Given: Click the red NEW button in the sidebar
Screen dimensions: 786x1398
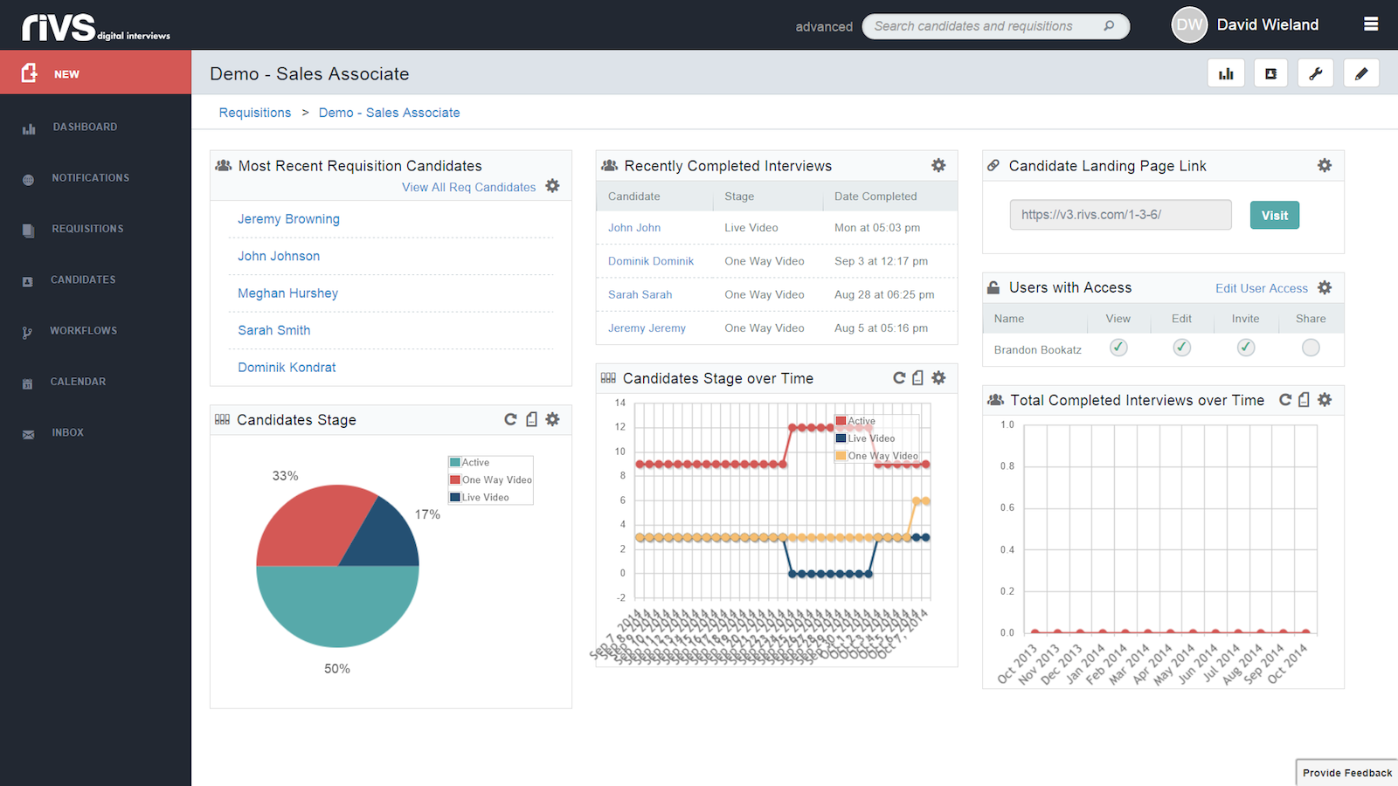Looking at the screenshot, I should [95, 72].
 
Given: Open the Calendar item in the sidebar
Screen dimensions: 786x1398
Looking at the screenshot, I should [78, 382].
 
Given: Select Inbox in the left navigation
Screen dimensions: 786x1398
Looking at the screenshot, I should [67, 432].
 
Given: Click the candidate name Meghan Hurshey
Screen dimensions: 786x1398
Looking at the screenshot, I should [287, 293].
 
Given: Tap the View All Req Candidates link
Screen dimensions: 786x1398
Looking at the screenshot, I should [468, 187].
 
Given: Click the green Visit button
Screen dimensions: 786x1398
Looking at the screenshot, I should [1274, 215].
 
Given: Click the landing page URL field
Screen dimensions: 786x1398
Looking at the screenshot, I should [1120, 215].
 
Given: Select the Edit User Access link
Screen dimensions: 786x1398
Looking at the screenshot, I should [1261, 288].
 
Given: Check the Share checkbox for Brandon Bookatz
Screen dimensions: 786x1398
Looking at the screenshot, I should [1310, 348].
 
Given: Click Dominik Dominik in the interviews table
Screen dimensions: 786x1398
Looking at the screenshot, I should [651, 261].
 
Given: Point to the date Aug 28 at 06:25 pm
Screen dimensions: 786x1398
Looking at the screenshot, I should [884, 294].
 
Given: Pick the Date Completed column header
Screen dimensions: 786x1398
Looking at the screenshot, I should [875, 196].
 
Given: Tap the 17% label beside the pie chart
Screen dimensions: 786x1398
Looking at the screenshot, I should [427, 514].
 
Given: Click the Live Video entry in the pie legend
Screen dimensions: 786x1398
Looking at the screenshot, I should [485, 498].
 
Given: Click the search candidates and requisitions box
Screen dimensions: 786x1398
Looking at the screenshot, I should [987, 26].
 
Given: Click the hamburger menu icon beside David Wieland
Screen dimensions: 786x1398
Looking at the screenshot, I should [1371, 24].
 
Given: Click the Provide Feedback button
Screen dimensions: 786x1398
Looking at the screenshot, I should [1346, 773].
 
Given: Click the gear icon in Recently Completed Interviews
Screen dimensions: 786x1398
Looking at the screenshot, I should [938, 165].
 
